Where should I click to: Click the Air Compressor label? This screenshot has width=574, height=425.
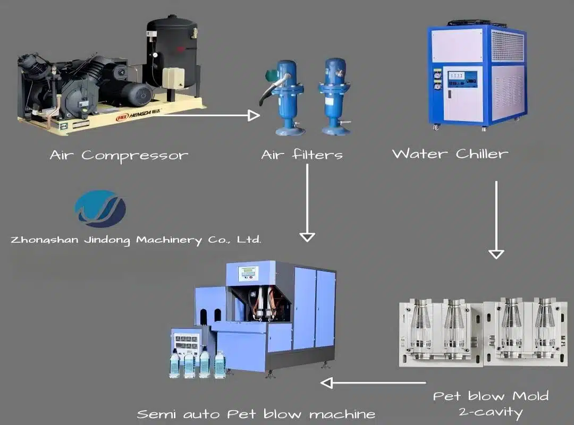tap(119, 156)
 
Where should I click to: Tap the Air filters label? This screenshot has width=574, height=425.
tap(301, 155)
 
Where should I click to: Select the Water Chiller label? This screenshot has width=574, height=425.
tap(450, 154)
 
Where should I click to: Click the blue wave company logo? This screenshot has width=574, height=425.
tap(100, 209)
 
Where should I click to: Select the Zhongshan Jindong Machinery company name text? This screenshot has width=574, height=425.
tap(136, 240)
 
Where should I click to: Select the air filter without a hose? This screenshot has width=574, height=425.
tap(335, 96)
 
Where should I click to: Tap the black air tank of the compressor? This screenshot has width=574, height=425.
tap(171, 50)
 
